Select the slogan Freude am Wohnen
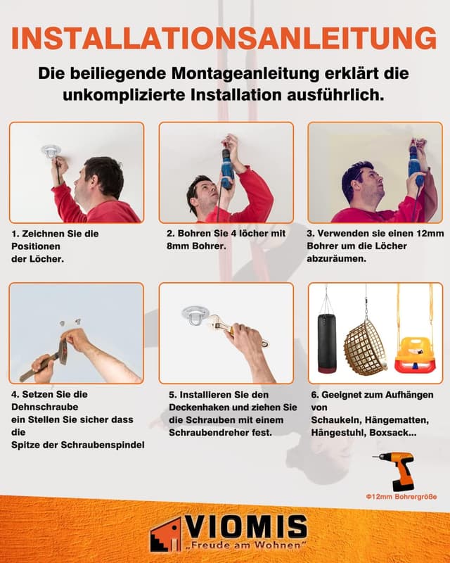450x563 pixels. [x=245, y=546]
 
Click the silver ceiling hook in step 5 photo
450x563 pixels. [x=193, y=316]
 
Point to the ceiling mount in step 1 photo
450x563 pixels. [x=51, y=151]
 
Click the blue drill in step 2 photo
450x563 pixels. [x=226, y=167]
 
